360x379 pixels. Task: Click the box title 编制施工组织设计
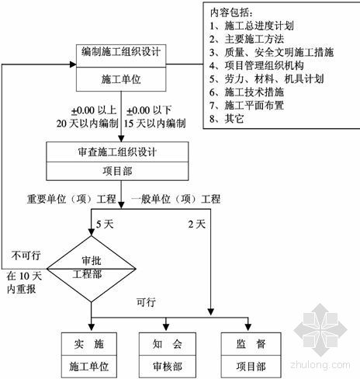pyautogui.click(x=121, y=52)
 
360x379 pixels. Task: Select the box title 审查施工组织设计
pyautogui.click(x=117, y=151)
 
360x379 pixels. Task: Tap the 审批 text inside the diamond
pyautogui.click(x=92, y=260)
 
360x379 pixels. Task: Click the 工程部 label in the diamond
pyautogui.click(x=87, y=274)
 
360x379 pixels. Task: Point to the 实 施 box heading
pyautogui.click(x=89, y=344)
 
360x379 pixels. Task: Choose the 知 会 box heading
pyautogui.click(x=167, y=344)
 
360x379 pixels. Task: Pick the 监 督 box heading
pyautogui.click(x=251, y=344)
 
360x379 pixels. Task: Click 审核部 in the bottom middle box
pyautogui.click(x=168, y=367)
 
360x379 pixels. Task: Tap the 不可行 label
pyautogui.click(x=26, y=256)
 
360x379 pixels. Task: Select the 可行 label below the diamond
pyautogui.click(x=146, y=302)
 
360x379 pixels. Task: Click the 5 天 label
pyautogui.click(x=105, y=224)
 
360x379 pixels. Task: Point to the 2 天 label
pyautogui.click(x=197, y=224)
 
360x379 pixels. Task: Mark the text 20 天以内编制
pyautogui.click(x=88, y=123)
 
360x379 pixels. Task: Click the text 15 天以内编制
pyautogui.click(x=154, y=123)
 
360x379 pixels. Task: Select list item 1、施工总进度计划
pyautogui.click(x=251, y=26)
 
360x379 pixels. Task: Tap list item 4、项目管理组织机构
pyautogui.click(x=257, y=65)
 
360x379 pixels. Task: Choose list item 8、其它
pyautogui.click(x=227, y=119)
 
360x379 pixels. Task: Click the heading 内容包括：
pyautogui.click(x=231, y=12)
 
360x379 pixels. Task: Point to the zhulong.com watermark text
pyautogui.click(x=320, y=365)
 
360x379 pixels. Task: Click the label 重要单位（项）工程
pyautogui.click(x=71, y=200)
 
